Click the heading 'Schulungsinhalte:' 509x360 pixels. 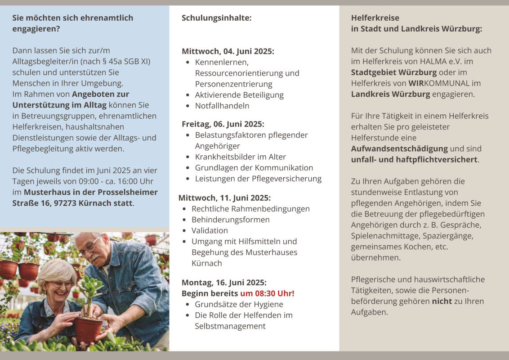point(216,18)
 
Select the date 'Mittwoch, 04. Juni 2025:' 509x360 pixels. point(228,51)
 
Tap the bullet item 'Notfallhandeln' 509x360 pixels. point(222,106)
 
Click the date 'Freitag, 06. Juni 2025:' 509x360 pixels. point(223,124)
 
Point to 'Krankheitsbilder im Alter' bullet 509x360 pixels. point(240,157)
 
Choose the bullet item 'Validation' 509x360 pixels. point(210,230)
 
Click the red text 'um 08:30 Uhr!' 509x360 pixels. point(267,293)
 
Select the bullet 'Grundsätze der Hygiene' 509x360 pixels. point(239,304)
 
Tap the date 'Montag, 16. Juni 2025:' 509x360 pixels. point(224,283)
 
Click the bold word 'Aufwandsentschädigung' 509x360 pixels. point(399,148)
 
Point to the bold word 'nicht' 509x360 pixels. point(442,301)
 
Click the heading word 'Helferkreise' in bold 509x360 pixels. point(375,18)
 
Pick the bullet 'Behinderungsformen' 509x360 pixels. point(230,220)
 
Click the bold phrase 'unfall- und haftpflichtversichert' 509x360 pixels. point(414,159)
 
